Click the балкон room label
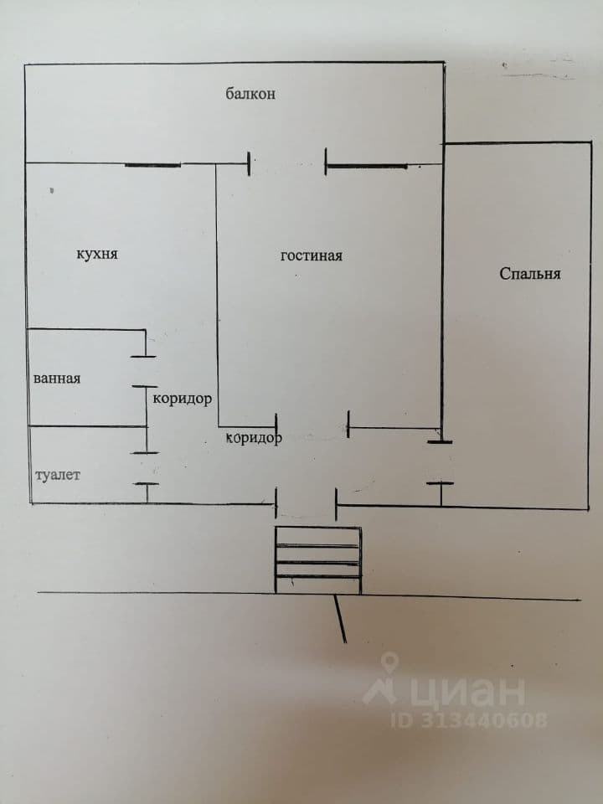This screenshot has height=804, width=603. pyautogui.click(x=250, y=94)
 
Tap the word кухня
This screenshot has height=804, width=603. pyautogui.click(x=97, y=254)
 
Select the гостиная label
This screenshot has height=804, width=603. pyautogui.click(x=312, y=255)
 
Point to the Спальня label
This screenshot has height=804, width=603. pyautogui.click(x=530, y=273)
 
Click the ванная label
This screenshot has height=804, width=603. pyautogui.click(x=57, y=379)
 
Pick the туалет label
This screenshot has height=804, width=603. pyautogui.click(x=58, y=475)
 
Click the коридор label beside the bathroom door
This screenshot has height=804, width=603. pyautogui.click(x=182, y=399)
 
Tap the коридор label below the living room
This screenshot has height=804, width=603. pyautogui.click(x=254, y=438)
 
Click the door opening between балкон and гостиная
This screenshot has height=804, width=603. pyautogui.click(x=287, y=163)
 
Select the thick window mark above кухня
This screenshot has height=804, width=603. pyautogui.click(x=152, y=165)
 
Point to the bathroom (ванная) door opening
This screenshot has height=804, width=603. pyautogui.click(x=145, y=371)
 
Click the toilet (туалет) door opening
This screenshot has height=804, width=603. pyautogui.click(x=146, y=468)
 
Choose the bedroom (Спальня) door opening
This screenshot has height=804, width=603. pyautogui.click(x=441, y=462)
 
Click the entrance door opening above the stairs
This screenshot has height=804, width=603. pyautogui.click(x=307, y=503)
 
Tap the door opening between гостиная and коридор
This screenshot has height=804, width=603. pyautogui.click(x=312, y=425)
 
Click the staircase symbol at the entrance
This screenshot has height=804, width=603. pyautogui.click(x=318, y=560)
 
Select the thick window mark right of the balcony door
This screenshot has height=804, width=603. pyautogui.click(x=367, y=166)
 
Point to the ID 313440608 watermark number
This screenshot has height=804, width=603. pyautogui.click(x=469, y=720)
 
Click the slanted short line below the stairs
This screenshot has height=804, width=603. pyautogui.click(x=340, y=618)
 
